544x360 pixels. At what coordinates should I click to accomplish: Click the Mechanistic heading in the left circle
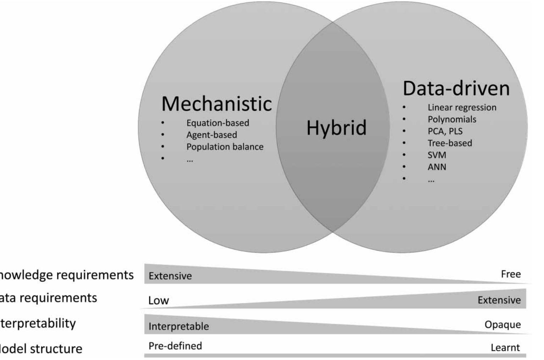click(216, 104)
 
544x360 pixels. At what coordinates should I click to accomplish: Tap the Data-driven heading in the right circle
click(456, 88)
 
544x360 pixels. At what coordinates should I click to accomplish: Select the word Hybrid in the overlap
click(336, 128)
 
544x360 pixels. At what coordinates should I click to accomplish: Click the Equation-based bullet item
click(218, 123)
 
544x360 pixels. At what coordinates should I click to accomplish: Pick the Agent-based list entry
click(212, 135)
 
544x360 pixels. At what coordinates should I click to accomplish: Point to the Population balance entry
click(225, 147)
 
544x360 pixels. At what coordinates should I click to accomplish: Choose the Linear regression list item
click(462, 107)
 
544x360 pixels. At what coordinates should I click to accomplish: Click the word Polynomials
click(452, 119)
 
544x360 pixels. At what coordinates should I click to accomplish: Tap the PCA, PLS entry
click(445, 131)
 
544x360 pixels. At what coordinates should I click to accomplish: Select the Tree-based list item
click(450, 143)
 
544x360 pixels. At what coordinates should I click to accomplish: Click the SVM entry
click(437, 155)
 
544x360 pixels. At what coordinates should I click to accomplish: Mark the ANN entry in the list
click(437, 167)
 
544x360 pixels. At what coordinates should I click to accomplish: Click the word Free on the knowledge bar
click(511, 274)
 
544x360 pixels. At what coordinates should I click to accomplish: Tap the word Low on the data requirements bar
click(159, 300)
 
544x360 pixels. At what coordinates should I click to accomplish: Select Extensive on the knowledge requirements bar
click(170, 276)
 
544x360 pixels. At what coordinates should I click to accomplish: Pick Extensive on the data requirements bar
click(499, 300)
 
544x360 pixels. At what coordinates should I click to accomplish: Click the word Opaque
click(503, 325)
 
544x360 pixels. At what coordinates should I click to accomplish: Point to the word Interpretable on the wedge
click(178, 326)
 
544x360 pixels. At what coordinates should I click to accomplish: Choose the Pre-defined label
click(175, 346)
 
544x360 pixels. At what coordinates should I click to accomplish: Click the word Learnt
click(505, 348)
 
